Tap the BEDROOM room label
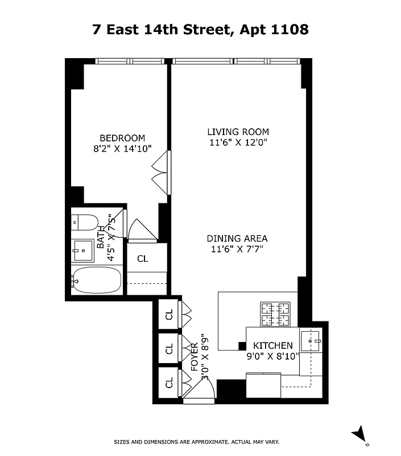click(122, 138)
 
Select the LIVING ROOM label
click(238, 132)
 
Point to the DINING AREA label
click(237, 239)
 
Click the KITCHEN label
click(272, 345)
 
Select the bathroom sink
click(83, 249)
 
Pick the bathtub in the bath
click(96, 280)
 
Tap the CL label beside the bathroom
click(142, 259)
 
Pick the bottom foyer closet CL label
click(169, 383)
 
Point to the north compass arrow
click(359, 434)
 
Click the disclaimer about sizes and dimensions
click(196, 442)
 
